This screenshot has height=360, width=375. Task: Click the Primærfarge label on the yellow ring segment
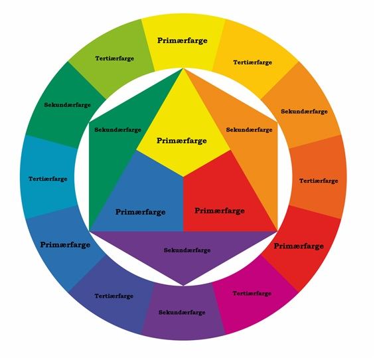183,41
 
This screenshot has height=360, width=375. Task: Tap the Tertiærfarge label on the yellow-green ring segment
115,58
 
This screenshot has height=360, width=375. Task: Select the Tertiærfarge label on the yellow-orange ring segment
253,62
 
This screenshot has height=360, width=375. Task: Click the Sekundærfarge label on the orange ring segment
304,112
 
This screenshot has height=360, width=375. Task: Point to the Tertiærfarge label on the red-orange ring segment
319,181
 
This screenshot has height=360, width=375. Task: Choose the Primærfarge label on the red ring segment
299,246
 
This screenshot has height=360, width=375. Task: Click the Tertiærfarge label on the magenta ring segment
252,294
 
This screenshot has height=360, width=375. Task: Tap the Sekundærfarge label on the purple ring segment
182,312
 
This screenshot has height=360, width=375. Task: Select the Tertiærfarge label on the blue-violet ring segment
114,296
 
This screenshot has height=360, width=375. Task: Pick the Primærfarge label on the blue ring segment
65,245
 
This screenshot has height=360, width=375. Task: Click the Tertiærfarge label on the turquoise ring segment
48,179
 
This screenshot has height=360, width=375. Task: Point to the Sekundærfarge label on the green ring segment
68,105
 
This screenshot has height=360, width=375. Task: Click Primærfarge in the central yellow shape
182,141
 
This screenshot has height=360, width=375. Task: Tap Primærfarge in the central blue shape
141,212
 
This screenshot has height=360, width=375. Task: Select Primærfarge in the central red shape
220,211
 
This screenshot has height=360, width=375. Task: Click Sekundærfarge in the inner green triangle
118,130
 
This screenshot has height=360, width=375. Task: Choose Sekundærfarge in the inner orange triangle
250,130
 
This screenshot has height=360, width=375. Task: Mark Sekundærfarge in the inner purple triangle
187,250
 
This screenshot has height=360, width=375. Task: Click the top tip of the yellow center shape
183,68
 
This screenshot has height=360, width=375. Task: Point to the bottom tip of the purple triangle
183,286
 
